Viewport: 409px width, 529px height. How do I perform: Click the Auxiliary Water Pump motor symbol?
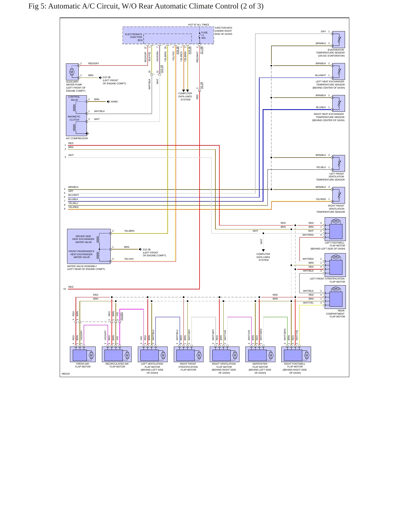(x=72, y=72)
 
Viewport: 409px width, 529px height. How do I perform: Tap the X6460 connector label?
(x=114, y=102)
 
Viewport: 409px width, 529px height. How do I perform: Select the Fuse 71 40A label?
(x=204, y=35)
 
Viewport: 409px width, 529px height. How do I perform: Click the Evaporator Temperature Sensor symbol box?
(x=339, y=40)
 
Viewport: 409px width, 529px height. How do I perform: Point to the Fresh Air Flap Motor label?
(x=83, y=365)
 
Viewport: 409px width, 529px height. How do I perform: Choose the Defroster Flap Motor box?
(x=260, y=354)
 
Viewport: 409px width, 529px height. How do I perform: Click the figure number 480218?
(x=66, y=374)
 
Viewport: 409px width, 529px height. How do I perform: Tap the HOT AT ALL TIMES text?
(x=198, y=25)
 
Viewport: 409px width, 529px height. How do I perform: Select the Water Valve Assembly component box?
(x=89, y=246)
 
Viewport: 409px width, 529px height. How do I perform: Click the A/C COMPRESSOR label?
(x=77, y=138)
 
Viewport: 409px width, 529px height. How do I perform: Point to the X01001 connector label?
(x=121, y=316)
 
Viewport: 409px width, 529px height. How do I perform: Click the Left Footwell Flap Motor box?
(x=335, y=229)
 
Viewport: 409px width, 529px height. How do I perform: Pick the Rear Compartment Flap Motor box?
(x=335, y=297)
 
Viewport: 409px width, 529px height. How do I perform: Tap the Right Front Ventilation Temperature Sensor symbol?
(x=339, y=195)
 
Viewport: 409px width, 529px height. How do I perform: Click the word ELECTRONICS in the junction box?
(x=134, y=34)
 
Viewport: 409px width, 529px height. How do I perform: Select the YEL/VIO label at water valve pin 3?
(x=129, y=259)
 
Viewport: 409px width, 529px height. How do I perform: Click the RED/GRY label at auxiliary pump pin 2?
(x=94, y=63)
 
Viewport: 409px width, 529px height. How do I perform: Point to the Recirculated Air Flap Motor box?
(x=117, y=354)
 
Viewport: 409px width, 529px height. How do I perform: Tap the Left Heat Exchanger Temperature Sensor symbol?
(x=339, y=71)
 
